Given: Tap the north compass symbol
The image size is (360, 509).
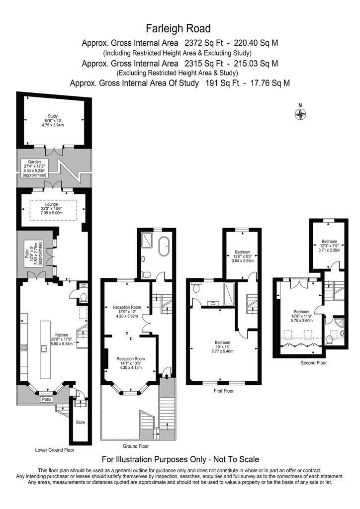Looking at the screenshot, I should (300, 114).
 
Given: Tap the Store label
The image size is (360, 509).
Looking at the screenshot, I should (80, 422).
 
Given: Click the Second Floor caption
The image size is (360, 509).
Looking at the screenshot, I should (314, 363).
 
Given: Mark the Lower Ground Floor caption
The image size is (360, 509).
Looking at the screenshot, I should (55, 450).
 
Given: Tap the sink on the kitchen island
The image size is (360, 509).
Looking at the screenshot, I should (44, 347).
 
